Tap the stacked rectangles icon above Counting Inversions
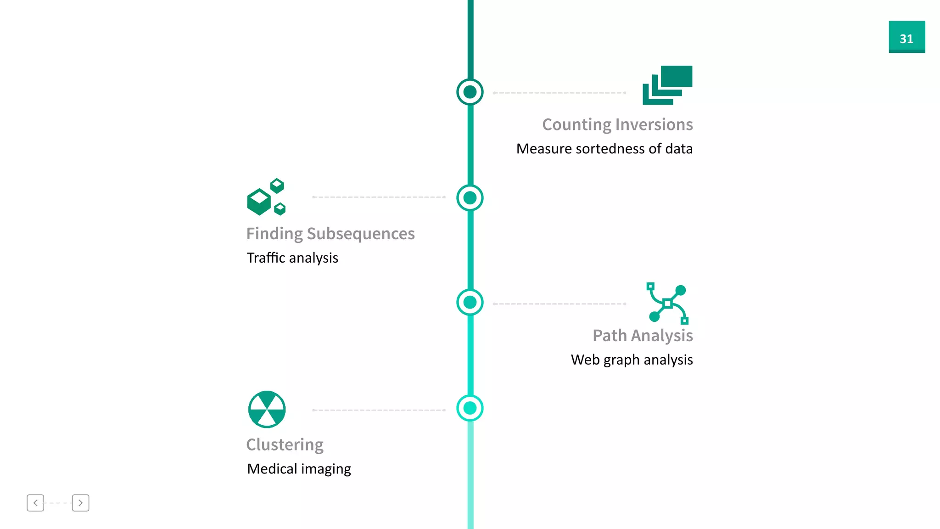coord(667,85)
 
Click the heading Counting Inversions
coord(617,124)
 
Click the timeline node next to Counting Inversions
coord(470,92)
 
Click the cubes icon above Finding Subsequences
coord(266,197)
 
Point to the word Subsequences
coord(361,234)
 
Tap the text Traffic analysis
coord(292,258)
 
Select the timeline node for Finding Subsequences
coord(470,198)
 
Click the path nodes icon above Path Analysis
coord(667,303)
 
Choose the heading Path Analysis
coord(642,336)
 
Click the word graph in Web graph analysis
coord(621,360)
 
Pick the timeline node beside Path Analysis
coord(470,302)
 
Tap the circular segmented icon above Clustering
coord(267,409)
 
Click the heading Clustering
coord(285,445)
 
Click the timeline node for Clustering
coord(470,408)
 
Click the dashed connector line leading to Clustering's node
coord(379,410)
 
